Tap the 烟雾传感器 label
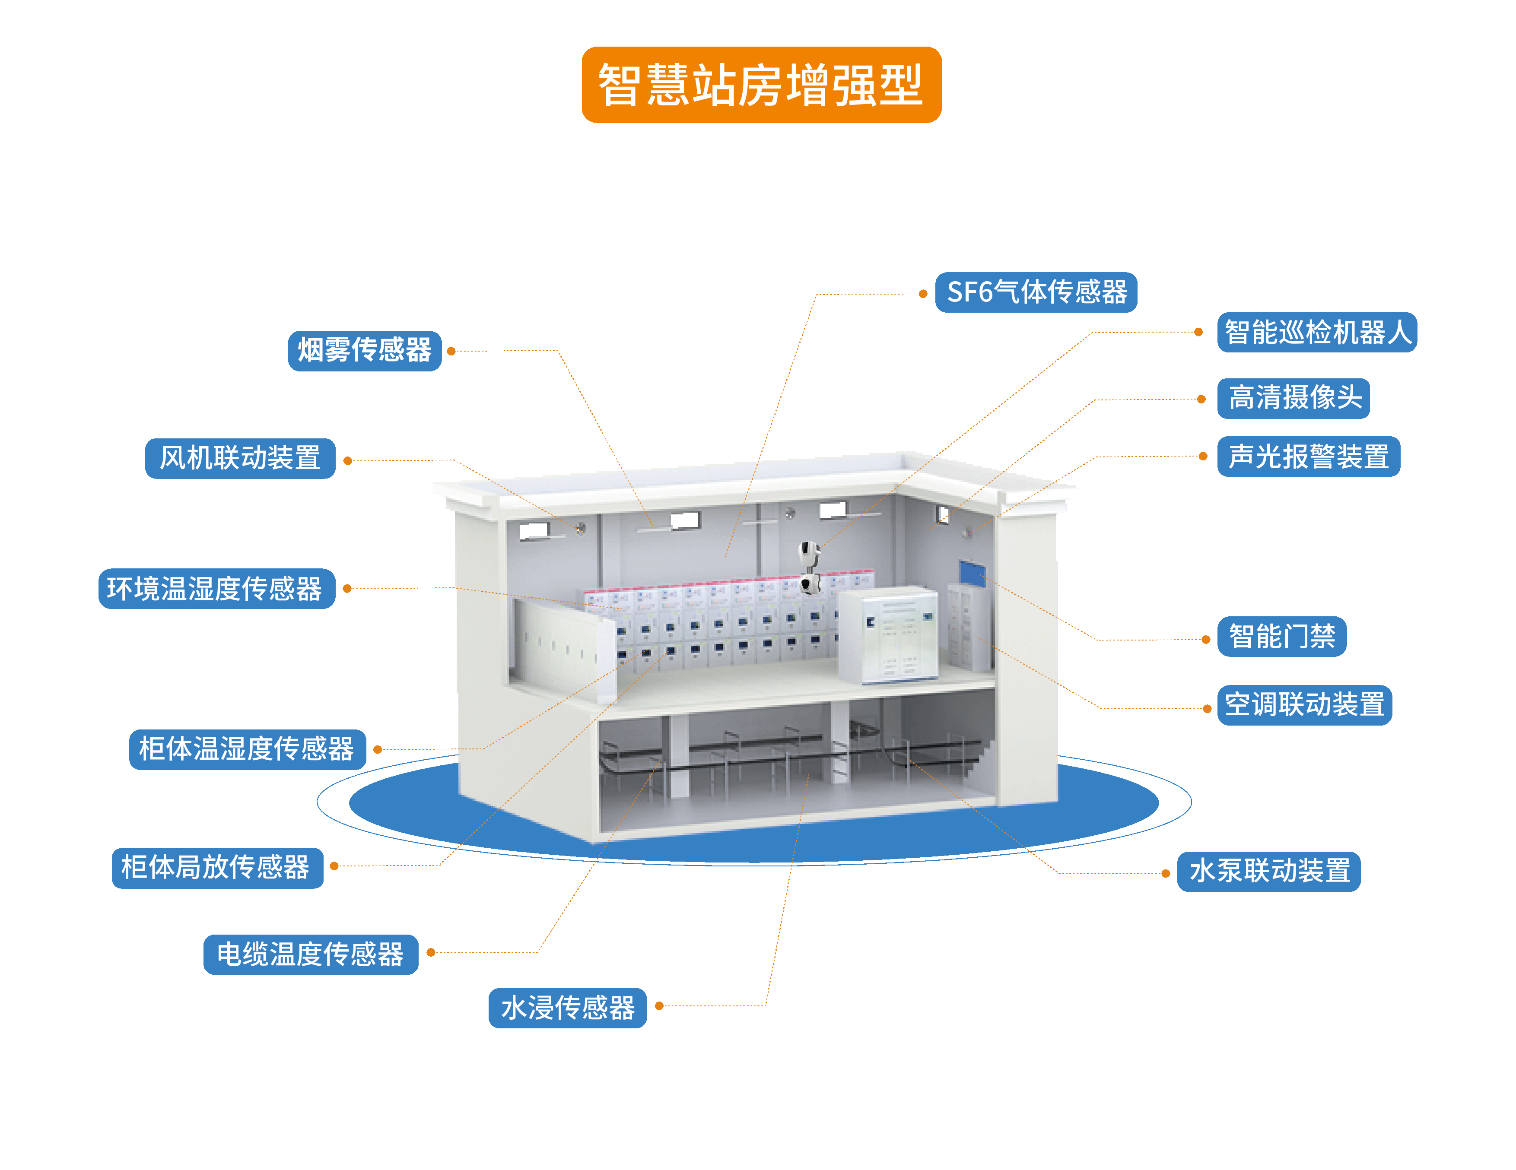coord(365,350)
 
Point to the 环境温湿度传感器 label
coord(216,589)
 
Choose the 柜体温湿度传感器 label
coord(247,749)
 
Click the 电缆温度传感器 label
coord(310,954)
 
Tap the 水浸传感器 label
coord(567,1008)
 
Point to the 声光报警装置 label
coord(1309,457)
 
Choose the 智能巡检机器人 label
coord(1317,333)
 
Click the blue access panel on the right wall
coord(972,573)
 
